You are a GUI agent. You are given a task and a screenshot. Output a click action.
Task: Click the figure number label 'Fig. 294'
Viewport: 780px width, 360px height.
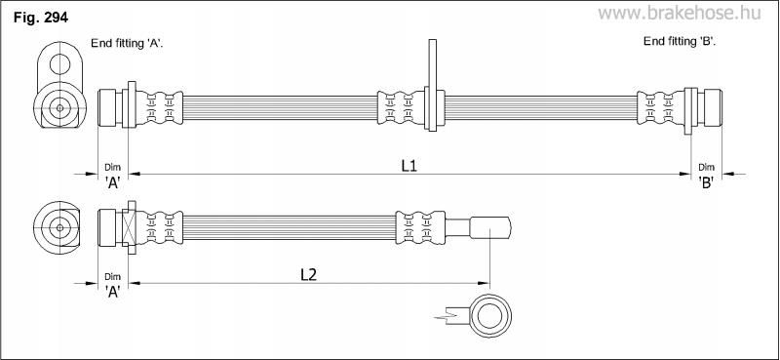41,18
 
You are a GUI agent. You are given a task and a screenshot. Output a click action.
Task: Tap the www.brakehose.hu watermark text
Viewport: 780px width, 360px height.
679,14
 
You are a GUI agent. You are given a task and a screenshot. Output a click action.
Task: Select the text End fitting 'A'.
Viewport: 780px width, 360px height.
128,43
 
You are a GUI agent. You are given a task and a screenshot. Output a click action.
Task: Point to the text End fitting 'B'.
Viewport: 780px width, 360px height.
680,41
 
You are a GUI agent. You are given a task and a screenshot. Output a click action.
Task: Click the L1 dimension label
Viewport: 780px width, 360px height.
409,166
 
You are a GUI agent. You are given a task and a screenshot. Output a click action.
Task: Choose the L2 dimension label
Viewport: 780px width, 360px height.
309,274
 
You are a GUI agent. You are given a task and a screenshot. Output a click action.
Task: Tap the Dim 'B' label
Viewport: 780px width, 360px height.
706,176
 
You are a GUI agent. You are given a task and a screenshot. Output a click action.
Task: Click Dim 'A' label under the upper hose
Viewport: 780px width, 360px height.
113,176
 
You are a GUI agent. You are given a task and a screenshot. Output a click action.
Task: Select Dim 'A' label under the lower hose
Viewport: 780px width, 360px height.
113,284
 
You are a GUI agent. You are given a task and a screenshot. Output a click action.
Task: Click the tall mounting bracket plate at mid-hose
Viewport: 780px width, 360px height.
432,85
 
